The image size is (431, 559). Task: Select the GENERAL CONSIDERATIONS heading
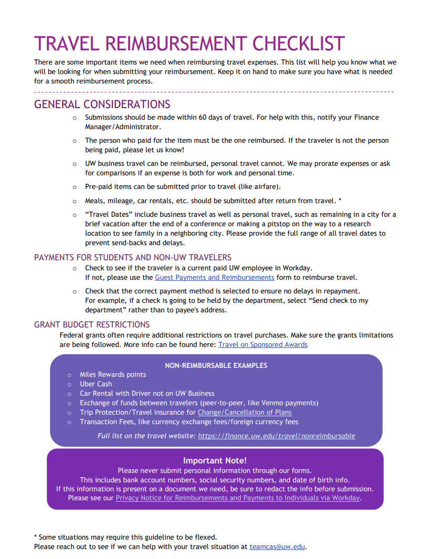102,104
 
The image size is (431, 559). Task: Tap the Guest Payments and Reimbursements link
214,277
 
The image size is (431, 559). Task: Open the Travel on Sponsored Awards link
262,344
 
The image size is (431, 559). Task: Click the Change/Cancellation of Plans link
245,412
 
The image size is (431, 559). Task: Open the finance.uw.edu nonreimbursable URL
276,436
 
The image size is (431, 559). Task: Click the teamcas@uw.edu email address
277,546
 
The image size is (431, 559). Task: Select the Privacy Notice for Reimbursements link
238,498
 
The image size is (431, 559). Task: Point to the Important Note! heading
215,460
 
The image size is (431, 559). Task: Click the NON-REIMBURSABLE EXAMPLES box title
216,365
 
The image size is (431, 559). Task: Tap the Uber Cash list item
96,384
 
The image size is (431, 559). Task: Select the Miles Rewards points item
113,374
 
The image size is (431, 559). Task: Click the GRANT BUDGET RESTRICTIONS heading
92,324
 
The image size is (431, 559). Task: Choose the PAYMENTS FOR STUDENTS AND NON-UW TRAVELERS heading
133,257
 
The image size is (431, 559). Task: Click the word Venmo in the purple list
271,403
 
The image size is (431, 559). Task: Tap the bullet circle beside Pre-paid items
75,187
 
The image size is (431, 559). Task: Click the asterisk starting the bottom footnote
36,536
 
